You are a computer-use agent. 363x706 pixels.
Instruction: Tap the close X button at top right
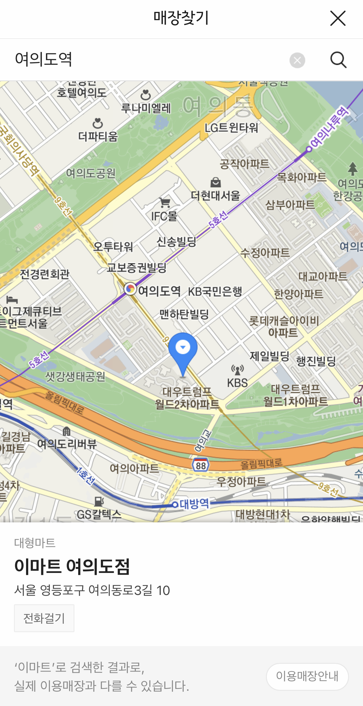[x=338, y=18]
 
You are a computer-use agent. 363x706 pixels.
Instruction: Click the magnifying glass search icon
[x=338, y=60]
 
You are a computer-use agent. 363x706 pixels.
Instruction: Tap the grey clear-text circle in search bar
[x=297, y=60]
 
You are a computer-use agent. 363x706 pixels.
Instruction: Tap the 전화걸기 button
[x=44, y=618]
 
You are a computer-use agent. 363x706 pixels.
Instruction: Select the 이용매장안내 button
[x=307, y=677]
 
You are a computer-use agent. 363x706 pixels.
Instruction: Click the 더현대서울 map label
[x=216, y=195]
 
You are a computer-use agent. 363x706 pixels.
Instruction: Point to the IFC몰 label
[x=164, y=216]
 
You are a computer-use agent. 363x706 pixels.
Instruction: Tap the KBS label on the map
[x=237, y=383]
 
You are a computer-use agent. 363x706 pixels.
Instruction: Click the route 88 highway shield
[x=200, y=465]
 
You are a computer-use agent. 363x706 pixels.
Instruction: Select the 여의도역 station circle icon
[x=130, y=289]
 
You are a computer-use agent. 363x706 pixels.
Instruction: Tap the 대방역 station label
[x=195, y=503]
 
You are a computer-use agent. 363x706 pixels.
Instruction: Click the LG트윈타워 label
[x=231, y=127]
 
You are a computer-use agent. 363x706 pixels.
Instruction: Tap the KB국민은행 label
[x=215, y=292]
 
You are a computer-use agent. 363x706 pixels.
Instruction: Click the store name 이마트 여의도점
[x=72, y=566]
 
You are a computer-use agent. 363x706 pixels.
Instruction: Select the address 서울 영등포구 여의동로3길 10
[x=92, y=590]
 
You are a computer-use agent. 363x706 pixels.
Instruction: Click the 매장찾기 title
[x=181, y=18]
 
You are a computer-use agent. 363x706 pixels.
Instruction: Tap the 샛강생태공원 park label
[x=75, y=377]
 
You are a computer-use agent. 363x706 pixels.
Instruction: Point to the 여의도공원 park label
[x=91, y=173]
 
